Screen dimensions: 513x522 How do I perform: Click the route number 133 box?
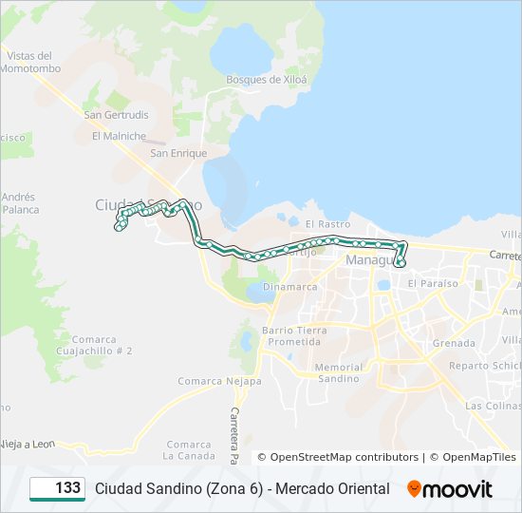pyautogui.click(x=57, y=488)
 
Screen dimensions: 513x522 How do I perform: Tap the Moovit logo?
pyautogui.click(x=450, y=489)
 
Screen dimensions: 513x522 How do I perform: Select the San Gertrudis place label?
pyautogui.click(x=116, y=115)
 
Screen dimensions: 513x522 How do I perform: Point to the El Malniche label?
pyautogui.click(x=119, y=136)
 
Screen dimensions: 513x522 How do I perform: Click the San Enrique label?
pyautogui.click(x=178, y=153)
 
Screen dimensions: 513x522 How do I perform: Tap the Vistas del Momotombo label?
pyautogui.click(x=30, y=63)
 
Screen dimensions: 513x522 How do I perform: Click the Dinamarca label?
pyautogui.click(x=290, y=286)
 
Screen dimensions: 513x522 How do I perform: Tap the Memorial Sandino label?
pyautogui.click(x=338, y=372)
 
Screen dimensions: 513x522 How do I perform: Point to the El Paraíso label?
pyautogui.click(x=432, y=283)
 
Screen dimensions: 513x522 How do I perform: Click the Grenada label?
pyautogui.click(x=453, y=343)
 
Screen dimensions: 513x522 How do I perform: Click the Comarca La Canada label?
pyautogui.click(x=188, y=449)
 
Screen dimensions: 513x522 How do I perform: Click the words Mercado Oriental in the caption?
pyautogui.click(x=331, y=488)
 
